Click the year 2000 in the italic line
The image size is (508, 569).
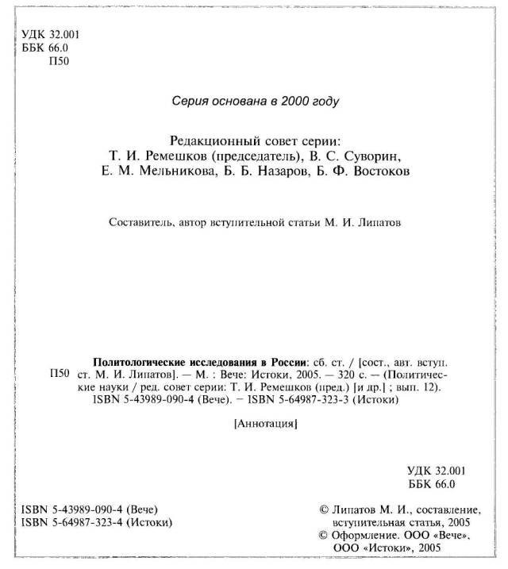[x=298, y=101]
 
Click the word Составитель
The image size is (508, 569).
[x=140, y=223]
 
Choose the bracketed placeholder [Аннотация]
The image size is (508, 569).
[x=266, y=425]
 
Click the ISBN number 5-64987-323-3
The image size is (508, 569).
[x=301, y=400]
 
